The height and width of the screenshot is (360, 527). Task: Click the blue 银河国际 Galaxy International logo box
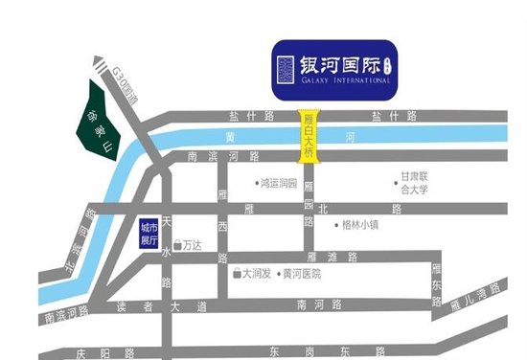[x=332, y=69]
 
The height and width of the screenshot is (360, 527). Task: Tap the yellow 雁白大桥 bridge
[x=309, y=136]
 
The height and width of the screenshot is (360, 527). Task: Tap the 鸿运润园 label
[x=279, y=181]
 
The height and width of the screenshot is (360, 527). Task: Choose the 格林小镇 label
[x=359, y=226]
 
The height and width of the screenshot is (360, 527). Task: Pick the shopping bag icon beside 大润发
[x=236, y=274]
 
